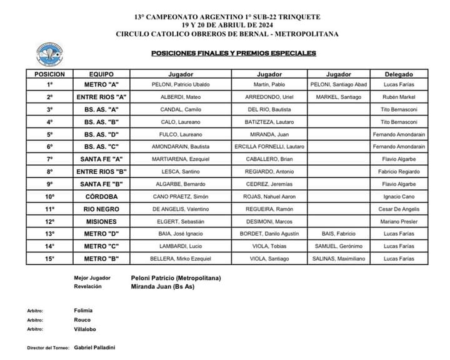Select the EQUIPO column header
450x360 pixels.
click(x=101, y=74)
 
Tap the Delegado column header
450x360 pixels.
click(x=399, y=74)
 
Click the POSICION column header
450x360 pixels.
click(x=50, y=74)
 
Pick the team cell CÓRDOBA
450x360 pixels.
click(x=101, y=196)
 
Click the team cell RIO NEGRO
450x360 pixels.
click(x=101, y=209)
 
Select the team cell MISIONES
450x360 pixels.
click(x=101, y=221)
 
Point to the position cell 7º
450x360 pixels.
click(x=50, y=159)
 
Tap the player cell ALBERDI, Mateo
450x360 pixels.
click(x=181, y=97)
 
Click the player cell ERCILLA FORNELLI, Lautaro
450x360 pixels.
click(x=269, y=146)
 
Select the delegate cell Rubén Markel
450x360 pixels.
click(x=399, y=97)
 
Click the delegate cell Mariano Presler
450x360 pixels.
click(x=399, y=221)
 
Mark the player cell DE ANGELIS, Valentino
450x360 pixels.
click(x=181, y=209)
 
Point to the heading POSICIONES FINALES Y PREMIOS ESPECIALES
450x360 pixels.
click(x=234, y=53)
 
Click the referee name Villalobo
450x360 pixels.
click(x=85, y=329)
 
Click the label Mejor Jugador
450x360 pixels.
click(x=92, y=277)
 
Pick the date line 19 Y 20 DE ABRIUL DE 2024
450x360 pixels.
click(x=227, y=25)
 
